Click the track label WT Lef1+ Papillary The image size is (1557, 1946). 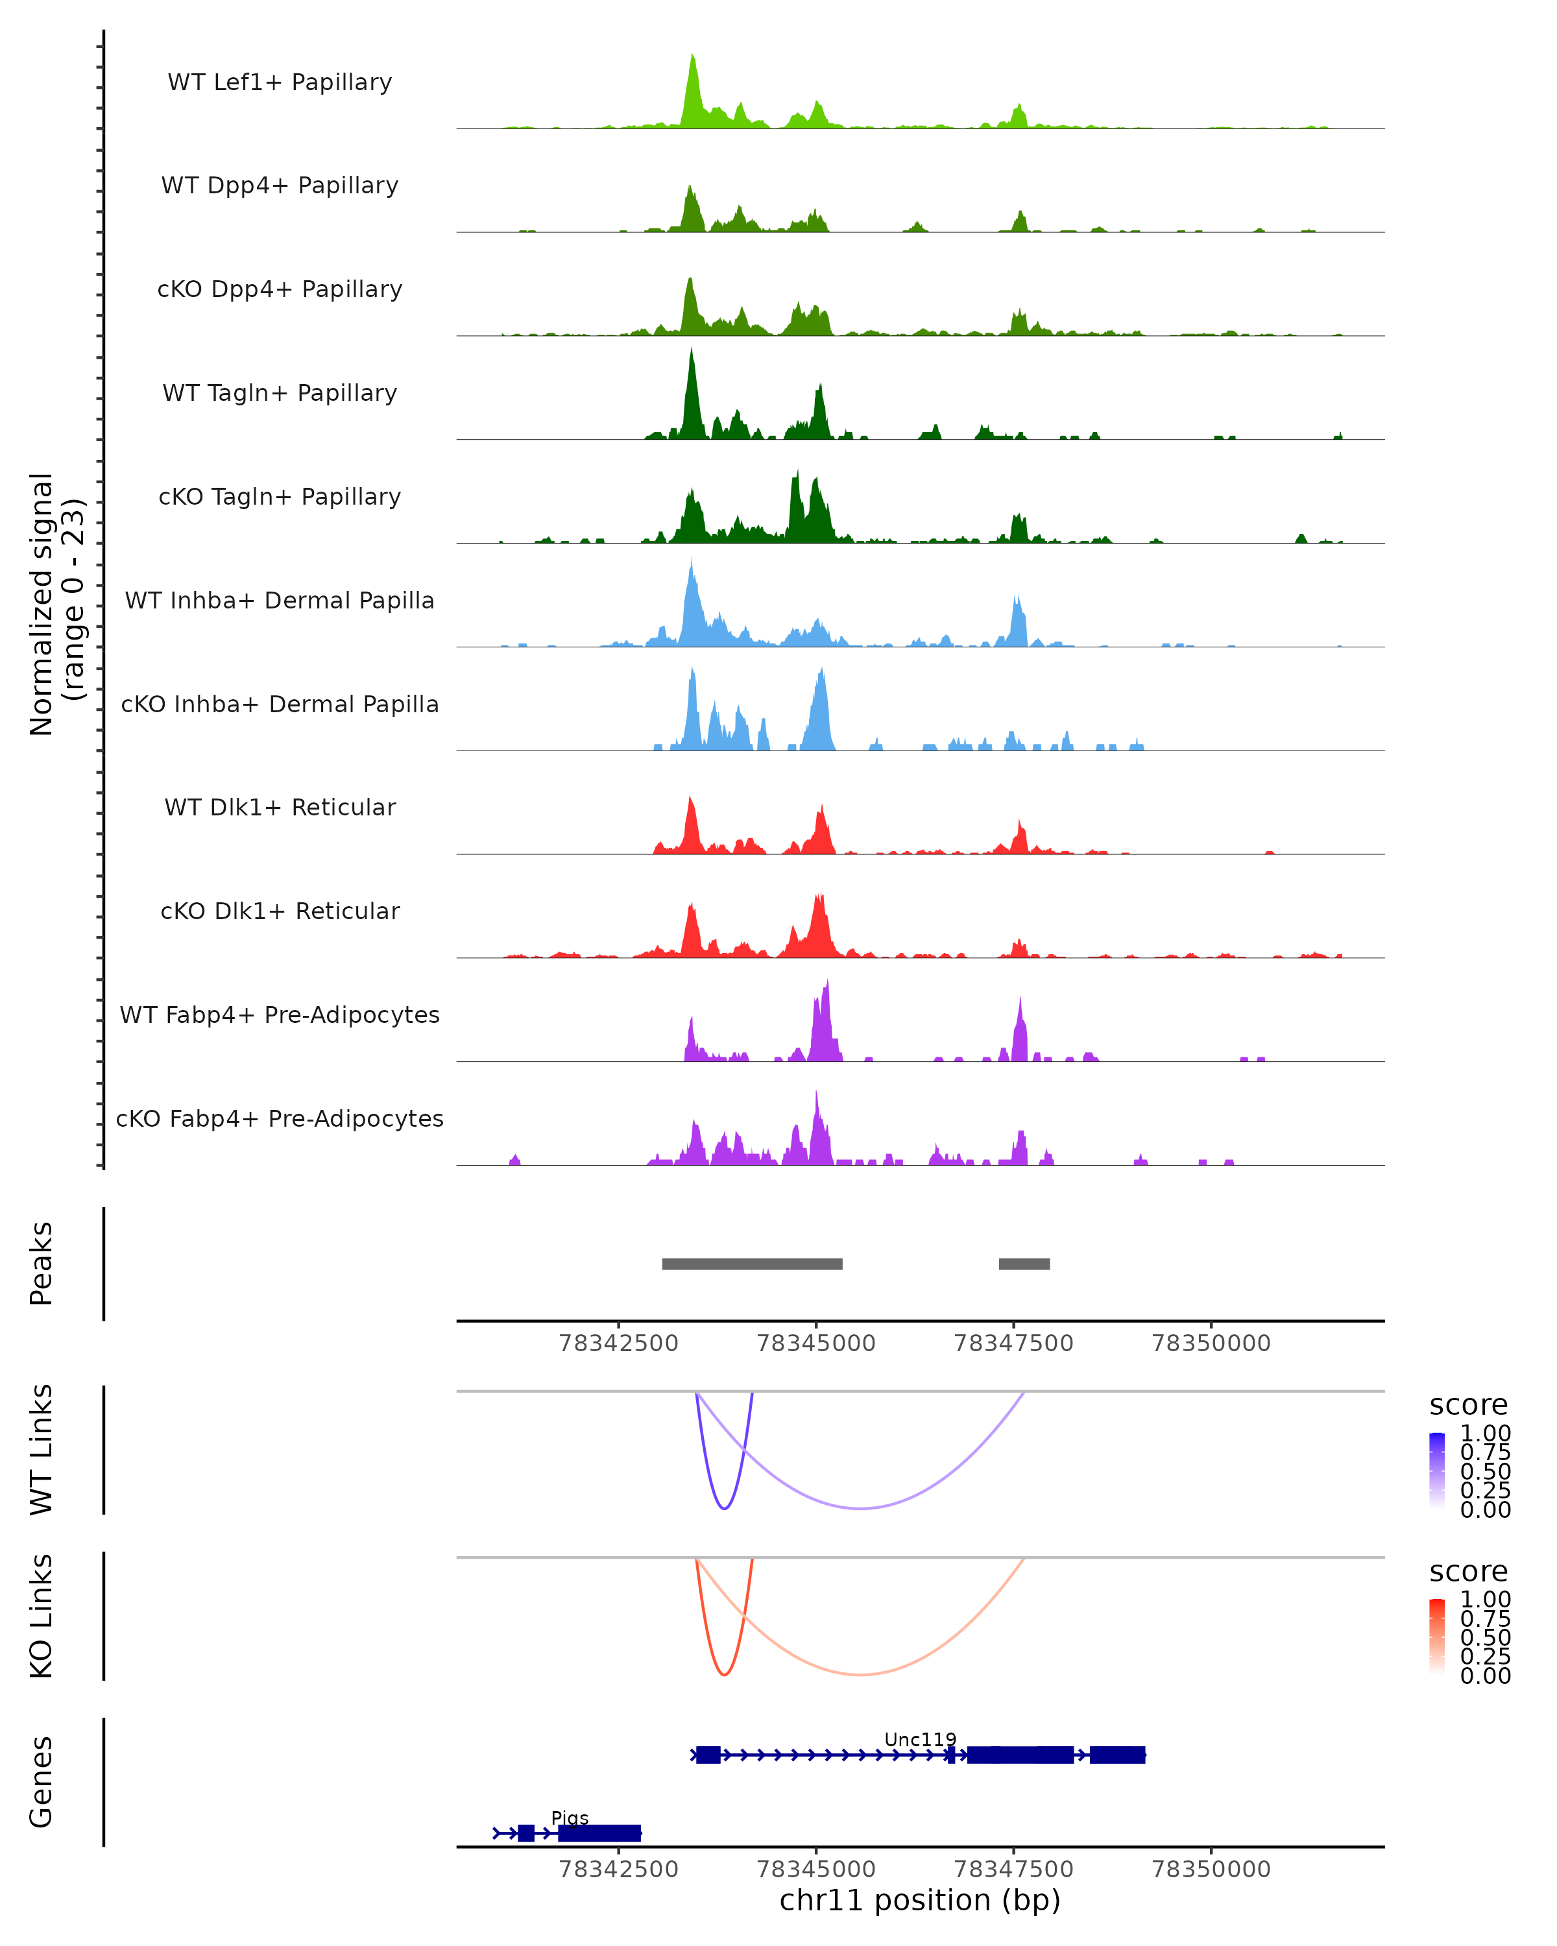click(280, 83)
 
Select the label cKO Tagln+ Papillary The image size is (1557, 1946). click(280, 498)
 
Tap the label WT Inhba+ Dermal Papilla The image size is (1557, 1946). click(280, 601)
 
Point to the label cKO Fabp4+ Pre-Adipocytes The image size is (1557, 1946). click(280, 1119)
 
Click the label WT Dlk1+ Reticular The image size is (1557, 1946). click(280, 808)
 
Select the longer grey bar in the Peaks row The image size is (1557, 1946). click(752, 1264)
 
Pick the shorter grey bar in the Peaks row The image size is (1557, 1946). click(1024, 1264)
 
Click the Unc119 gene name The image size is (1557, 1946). click(920, 1739)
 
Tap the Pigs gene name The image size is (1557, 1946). click(570, 1818)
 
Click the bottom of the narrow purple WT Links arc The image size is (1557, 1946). click(724, 1508)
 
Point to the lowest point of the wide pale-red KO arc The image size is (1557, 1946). click(862, 1674)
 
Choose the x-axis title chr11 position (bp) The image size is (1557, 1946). click(920, 1901)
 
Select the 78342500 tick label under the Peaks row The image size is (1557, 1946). click(618, 1343)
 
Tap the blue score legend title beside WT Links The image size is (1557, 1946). click(1467, 1406)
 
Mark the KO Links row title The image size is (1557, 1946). click(42, 1616)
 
